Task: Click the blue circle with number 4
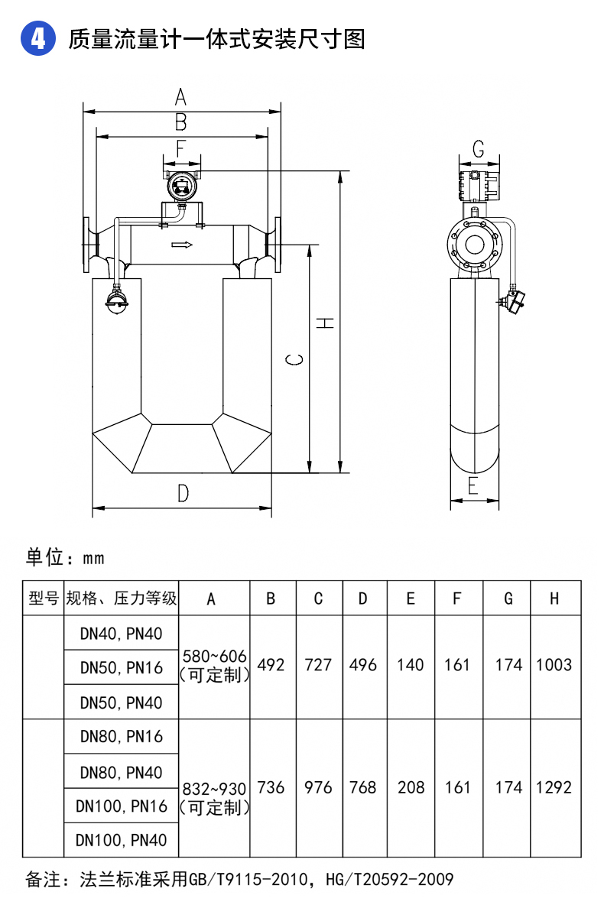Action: (x=38, y=38)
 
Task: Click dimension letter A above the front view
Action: (x=180, y=97)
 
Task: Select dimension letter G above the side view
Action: (x=479, y=149)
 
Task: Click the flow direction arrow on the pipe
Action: (x=182, y=245)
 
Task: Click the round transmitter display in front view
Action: (x=182, y=185)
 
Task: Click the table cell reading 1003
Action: (x=554, y=665)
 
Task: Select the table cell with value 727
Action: (x=318, y=665)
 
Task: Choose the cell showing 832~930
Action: (x=214, y=788)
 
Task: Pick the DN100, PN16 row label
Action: (x=122, y=806)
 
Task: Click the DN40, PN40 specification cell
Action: (x=122, y=632)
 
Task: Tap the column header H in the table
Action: (x=554, y=598)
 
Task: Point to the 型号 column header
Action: (x=43, y=598)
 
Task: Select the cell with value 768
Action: (x=362, y=787)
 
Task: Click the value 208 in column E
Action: (x=411, y=787)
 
